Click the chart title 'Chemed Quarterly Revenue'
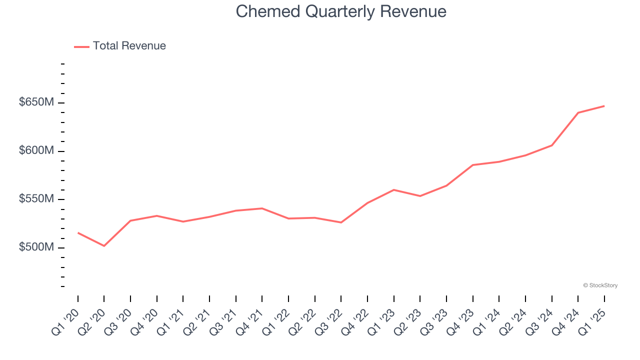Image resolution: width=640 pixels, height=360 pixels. tap(341, 11)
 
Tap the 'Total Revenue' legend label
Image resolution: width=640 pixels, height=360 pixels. tap(129, 46)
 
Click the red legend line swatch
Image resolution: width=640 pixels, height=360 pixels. tap(81, 46)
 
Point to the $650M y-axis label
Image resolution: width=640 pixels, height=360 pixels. tap(36, 102)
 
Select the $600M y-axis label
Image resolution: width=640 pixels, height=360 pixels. tap(36, 150)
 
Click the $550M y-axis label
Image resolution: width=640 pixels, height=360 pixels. tap(36, 199)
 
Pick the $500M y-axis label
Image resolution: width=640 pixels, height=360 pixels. tap(36, 247)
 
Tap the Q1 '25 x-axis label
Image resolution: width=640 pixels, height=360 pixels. tap(593, 322)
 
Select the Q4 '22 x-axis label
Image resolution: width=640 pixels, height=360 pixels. tap(356, 322)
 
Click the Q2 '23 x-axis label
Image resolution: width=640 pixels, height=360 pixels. tap(408, 322)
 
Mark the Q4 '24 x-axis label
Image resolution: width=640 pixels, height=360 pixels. tap(566, 322)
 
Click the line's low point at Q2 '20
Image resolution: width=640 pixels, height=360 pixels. tap(104, 246)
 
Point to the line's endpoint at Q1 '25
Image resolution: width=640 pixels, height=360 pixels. tap(604, 106)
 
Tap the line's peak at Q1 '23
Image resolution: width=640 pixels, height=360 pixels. tap(394, 190)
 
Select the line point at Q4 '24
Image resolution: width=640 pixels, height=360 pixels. tap(578, 112)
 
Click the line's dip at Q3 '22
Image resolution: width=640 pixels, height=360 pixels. tap(341, 222)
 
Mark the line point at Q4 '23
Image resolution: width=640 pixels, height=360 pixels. tap(472, 165)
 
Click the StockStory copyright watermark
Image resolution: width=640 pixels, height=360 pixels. tap(600, 285)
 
